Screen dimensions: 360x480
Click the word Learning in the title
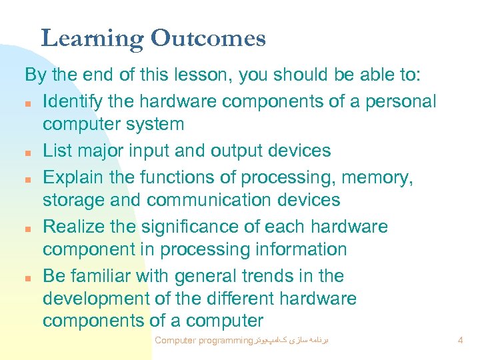(x=92, y=39)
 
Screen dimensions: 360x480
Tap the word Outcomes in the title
(x=208, y=38)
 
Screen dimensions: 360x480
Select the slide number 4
(x=460, y=341)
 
